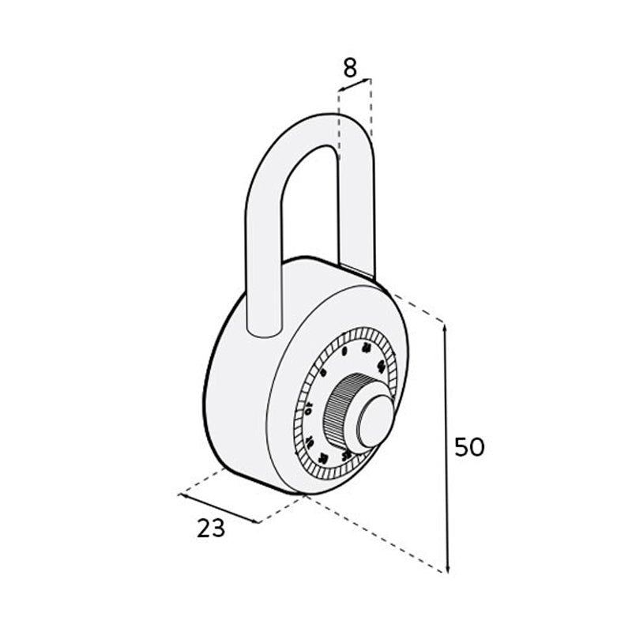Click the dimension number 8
tap(350, 68)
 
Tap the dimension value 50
tap(469, 447)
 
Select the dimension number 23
tap(211, 528)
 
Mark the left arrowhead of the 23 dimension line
tap(182, 495)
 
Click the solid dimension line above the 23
tap(219, 509)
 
